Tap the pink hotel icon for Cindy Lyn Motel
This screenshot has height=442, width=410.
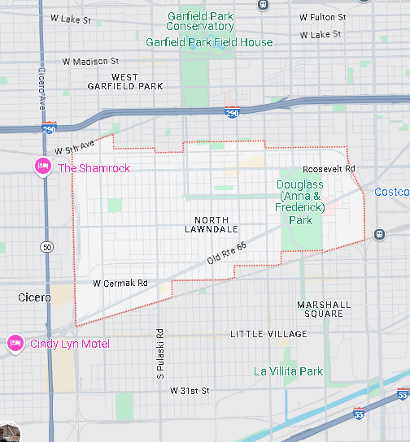(x=15, y=344)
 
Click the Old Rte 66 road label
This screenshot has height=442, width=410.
(x=226, y=253)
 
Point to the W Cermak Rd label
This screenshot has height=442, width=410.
(x=120, y=284)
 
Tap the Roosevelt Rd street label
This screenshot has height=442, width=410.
(x=329, y=169)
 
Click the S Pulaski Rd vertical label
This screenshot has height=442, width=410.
(x=160, y=353)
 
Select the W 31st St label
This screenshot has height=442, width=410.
(x=190, y=391)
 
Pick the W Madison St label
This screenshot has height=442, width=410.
(x=91, y=61)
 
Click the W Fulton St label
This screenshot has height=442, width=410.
(x=322, y=17)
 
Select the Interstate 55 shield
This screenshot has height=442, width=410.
(x=403, y=394)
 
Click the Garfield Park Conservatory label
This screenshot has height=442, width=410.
(x=201, y=21)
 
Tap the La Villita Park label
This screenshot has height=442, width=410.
(x=288, y=371)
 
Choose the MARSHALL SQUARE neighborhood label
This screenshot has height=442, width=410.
(x=324, y=310)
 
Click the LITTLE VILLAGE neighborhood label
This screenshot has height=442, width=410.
(x=268, y=334)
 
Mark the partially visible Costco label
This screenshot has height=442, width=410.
(x=391, y=192)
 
